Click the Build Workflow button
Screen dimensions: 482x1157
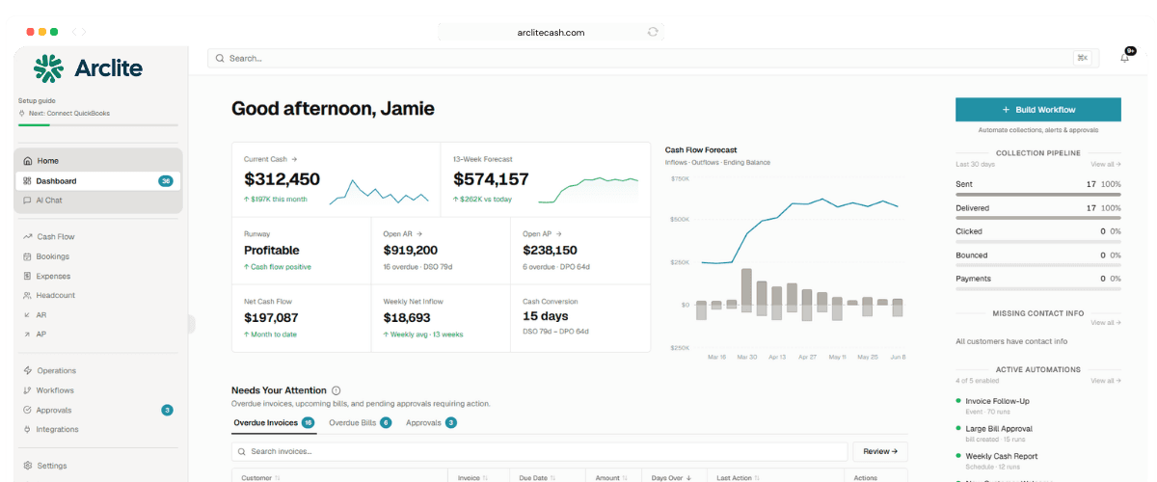(x=1037, y=110)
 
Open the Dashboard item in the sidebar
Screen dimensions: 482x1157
(x=57, y=181)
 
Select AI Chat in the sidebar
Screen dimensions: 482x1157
(x=49, y=201)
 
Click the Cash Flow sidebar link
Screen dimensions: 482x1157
(x=55, y=237)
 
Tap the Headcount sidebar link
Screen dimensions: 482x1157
(x=55, y=295)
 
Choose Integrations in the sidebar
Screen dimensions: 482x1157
(x=57, y=429)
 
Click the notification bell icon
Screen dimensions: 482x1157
(x=1124, y=58)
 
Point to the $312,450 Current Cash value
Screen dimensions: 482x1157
(x=282, y=179)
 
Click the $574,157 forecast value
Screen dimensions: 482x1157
(x=491, y=179)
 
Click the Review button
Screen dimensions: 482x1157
(x=879, y=451)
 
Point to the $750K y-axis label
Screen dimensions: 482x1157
(x=679, y=179)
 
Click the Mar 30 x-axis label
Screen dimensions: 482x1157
(x=747, y=357)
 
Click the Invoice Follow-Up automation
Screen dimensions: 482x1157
(x=997, y=401)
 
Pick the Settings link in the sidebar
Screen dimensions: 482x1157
(x=51, y=466)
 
